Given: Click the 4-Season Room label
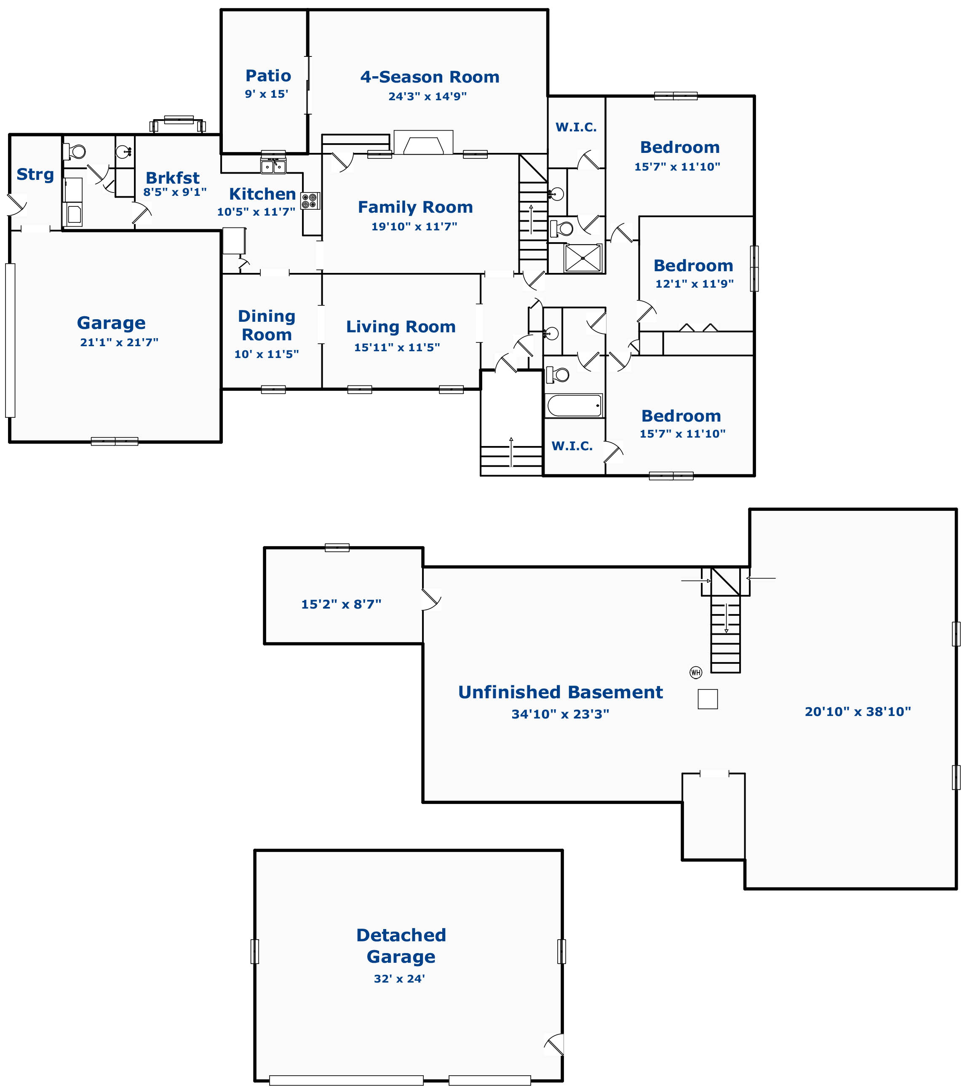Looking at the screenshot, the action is point(430,77).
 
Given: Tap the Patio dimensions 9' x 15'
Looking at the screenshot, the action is point(267,94).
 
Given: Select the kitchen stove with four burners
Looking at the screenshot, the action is point(310,201).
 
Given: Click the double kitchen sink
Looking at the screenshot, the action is point(273,166).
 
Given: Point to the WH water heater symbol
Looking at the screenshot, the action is point(695,672).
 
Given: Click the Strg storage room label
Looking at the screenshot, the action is point(35,174).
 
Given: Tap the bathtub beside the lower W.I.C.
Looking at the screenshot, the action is point(575,405).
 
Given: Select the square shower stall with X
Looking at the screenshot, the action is point(583,258).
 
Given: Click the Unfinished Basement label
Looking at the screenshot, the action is point(561,692).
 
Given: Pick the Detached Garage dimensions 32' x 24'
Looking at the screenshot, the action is point(399,978).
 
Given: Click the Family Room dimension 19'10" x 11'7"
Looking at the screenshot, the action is point(414,227).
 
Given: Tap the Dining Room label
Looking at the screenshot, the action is point(267,325).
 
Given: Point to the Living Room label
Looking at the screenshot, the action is point(401,326).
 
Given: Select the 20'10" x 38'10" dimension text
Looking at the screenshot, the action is point(858,712).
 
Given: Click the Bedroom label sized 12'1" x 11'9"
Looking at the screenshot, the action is point(693,265).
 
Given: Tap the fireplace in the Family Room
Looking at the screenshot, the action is point(423,142).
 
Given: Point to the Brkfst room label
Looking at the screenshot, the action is point(173,178).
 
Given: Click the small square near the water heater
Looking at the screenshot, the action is point(708,699).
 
